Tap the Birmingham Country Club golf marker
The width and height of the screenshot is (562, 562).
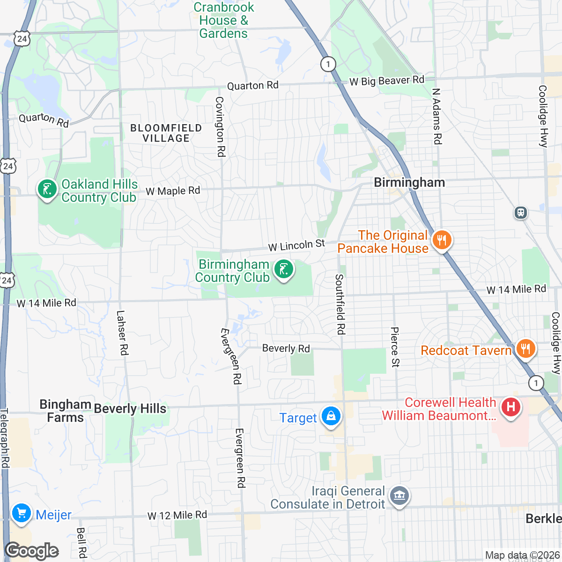[x=283, y=270]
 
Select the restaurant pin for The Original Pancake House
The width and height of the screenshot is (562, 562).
[x=441, y=240]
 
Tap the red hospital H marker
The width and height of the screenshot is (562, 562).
[x=510, y=407]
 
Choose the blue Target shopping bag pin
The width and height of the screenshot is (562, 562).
[x=331, y=416]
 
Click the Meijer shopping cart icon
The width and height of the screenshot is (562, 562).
[x=21, y=513]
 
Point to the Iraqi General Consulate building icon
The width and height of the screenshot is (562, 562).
[x=399, y=496]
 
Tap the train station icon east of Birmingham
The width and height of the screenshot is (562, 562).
[x=521, y=213]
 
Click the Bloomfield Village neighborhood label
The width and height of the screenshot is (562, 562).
[x=166, y=133]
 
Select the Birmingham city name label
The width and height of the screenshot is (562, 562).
[x=409, y=183]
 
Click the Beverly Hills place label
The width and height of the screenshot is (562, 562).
[x=130, y=409]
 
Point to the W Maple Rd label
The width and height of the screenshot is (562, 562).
[x=173, y=191]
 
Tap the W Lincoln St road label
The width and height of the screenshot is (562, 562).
[x=296, y=245]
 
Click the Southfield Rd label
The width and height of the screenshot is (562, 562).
[x=340, y=304]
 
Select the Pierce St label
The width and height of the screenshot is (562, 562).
[x=395, y=347]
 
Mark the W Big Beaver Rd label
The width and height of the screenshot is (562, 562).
[x=387, y=81]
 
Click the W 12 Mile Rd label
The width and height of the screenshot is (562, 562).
[x=177, y=516]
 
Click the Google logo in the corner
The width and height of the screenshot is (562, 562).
[x=32, y=551]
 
